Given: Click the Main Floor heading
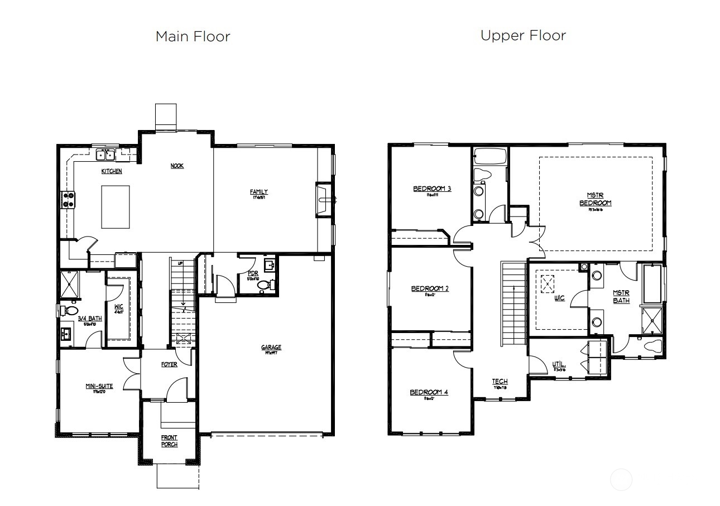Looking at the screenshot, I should click(x=193, y=37).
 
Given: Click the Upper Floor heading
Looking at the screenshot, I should click(x=523, y=36).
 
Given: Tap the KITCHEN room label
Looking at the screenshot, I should click(x=112, y=171).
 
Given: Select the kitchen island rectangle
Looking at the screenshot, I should click(x=116, y=206).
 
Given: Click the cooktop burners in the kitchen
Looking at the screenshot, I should click(x=68, y=200).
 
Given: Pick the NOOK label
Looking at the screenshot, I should click(x=177, y=166).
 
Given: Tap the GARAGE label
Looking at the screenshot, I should click(x=271, y=348).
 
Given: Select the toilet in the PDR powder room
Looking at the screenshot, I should click(x=264, y=286).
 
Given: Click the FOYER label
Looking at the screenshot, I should click(x=169, y=364).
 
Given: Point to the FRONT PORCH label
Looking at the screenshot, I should click(x=169, y=441).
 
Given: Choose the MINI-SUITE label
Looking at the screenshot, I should click(x=99, y=386).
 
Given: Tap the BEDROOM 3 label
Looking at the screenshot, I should click(x=432, y=189).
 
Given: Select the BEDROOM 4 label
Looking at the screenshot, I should click(x=429, y=392).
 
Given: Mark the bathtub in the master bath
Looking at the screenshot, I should click(x=651, y=283).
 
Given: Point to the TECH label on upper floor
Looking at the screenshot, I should click(x=500, y=382).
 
